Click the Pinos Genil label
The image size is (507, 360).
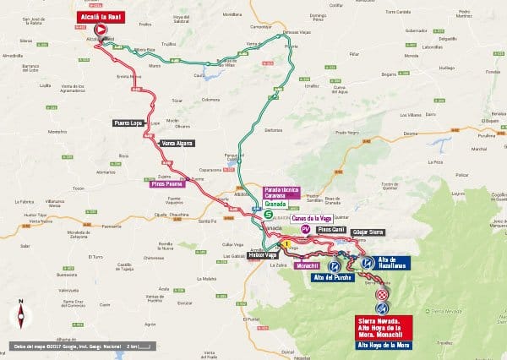(x=331, y=229)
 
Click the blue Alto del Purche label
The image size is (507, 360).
(x=331, y=277)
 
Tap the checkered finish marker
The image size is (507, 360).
(x=382, y=293)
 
